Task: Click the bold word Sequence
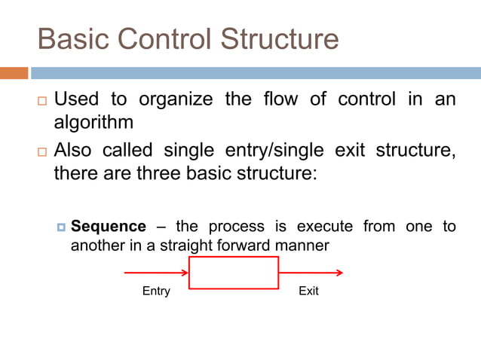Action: point(108,227)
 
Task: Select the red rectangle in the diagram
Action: point(234,273)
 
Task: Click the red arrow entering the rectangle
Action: point(156,273)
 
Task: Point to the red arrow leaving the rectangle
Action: point(311,273)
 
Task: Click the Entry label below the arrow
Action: point(156,291)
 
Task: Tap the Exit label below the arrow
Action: point(308,291)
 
